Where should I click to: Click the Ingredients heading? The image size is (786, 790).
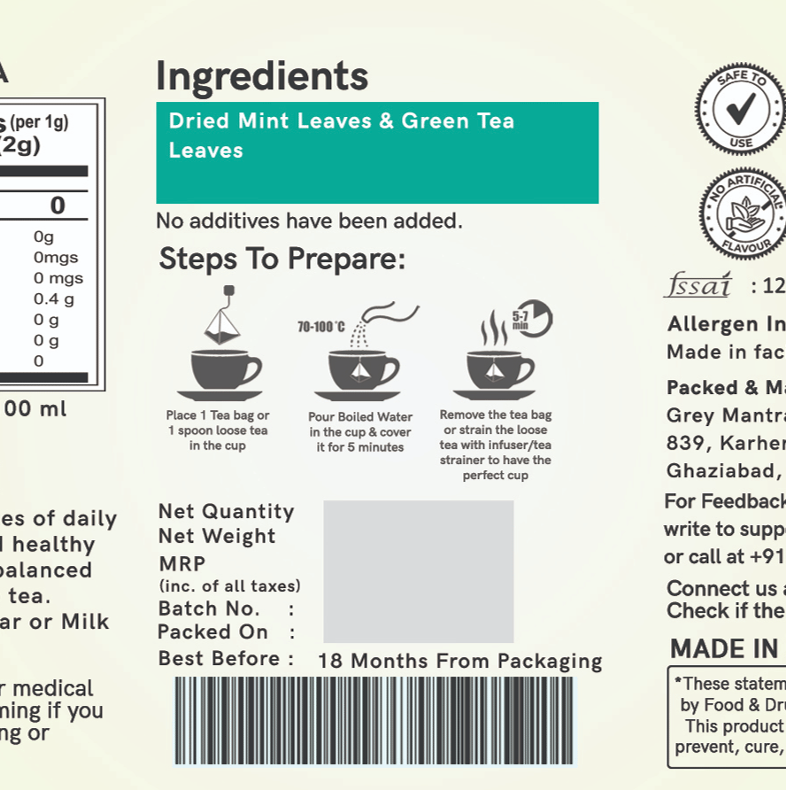point(262,77)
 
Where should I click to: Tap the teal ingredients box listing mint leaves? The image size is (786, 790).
point(377,152)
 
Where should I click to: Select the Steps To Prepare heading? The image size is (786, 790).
point(281,259)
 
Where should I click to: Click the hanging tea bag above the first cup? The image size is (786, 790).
point(222,318)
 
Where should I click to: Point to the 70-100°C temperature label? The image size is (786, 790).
point(321,327)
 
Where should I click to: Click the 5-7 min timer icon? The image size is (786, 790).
point(532,318)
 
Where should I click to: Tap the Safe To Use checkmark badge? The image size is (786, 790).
point(740,107)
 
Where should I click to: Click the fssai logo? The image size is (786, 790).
point(697,285)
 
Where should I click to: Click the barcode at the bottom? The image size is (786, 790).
point(374,720)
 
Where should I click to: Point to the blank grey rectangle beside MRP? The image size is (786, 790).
point(418,571)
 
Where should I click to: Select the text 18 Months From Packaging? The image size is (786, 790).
point(459,662)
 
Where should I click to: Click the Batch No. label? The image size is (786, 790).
point(210,608)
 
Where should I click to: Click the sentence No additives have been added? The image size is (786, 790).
point(309,221)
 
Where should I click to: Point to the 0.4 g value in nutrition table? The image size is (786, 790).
point(53,298)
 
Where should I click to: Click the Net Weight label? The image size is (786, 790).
point(217,536)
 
